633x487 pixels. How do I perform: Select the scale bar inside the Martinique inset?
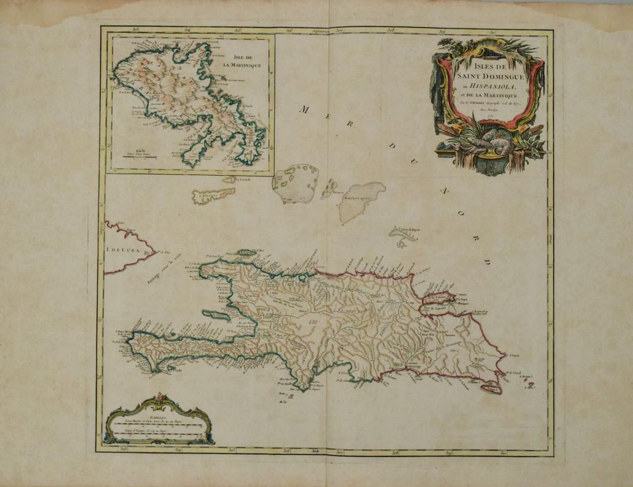(138, 156)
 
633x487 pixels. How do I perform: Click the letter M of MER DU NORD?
(302, 109)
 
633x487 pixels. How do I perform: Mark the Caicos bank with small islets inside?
(296, 183)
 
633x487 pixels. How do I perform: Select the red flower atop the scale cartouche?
(161, 398)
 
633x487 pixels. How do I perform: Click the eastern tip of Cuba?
(155, 251)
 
